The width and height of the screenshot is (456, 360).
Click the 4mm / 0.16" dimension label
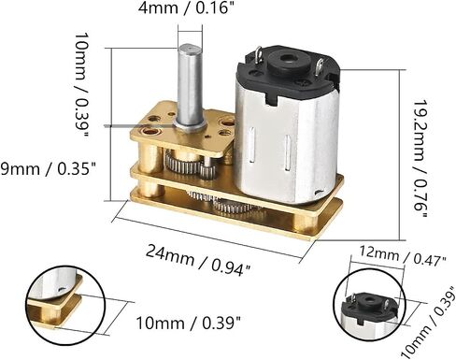186,8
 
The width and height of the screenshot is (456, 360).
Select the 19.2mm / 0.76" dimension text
420,159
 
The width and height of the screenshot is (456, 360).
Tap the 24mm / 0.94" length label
198,261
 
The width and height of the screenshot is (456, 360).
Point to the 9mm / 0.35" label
48,169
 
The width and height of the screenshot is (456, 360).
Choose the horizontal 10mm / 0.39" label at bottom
189,323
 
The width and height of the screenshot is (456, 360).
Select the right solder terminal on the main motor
321,66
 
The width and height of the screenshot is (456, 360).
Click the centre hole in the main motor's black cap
287,59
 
